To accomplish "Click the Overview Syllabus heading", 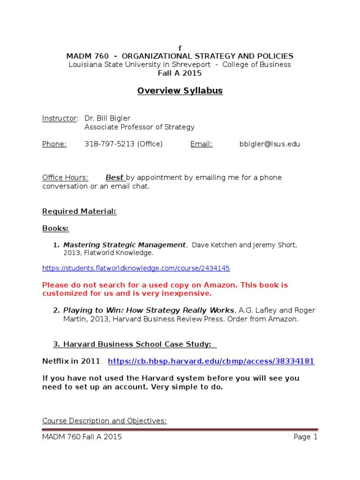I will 180,91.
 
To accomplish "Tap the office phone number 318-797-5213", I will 110,144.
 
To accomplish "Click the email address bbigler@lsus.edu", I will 270,144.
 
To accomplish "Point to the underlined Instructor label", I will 60,119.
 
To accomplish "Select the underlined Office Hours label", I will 65,178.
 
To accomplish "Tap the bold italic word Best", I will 114,178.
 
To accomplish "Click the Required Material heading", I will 79,211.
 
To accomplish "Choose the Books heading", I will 55,228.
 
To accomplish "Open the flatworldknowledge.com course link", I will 136,268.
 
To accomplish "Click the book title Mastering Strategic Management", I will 124,245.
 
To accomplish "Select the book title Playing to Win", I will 149,310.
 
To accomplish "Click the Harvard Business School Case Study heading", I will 135,344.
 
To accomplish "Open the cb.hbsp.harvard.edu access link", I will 211,361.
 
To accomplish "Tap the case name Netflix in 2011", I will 71,361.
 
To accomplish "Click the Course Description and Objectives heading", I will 104,421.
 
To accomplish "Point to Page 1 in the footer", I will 306,437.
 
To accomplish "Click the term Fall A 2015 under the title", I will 180,73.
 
